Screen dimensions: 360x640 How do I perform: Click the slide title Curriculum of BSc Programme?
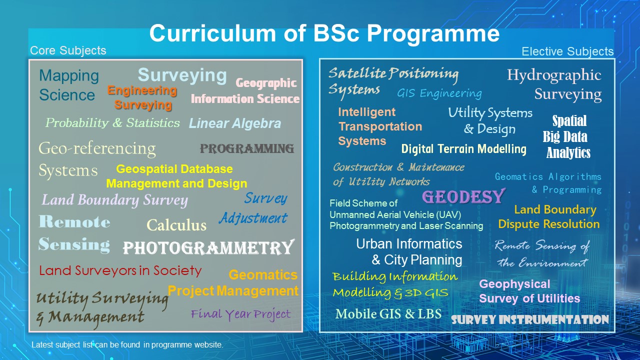324,34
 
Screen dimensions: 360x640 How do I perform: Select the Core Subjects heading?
68,50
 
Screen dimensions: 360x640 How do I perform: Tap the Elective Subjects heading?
567,51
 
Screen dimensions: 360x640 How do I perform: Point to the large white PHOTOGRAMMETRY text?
208,247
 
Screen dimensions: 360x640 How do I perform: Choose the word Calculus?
176,225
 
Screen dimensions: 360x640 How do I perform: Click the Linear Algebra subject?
235,123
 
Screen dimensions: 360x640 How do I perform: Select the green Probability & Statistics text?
112,123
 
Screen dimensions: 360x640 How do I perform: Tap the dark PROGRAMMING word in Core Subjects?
247,148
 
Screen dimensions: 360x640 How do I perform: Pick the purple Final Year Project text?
240,314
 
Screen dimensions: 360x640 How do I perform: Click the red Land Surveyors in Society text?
120,271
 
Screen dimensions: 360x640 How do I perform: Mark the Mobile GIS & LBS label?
388,314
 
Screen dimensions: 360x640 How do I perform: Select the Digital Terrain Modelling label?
464,149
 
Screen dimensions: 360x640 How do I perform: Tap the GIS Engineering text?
439,93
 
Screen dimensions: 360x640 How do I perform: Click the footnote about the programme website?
127,344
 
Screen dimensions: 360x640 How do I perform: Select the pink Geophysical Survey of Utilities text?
529,291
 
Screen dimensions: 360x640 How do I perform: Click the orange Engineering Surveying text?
142,97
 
